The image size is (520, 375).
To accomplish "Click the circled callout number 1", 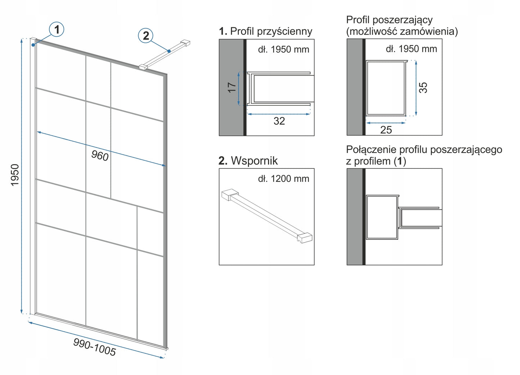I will [x=57, y=29].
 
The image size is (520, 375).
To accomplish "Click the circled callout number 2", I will [x=146, y=36].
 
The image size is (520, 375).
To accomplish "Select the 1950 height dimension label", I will [x=15, y=175].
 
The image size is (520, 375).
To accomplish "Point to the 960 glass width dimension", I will [x=100, y=155].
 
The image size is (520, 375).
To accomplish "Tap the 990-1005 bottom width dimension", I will [x=95, y=347].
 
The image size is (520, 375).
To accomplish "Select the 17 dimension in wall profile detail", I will [x=232, y=87].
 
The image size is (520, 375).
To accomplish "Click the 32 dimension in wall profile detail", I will [x=279, y=121].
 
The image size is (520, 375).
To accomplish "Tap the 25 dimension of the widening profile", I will [x=386, y=130].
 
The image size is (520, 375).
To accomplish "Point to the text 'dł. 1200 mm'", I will [x=284, y=179].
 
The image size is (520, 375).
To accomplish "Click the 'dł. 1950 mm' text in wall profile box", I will [x=284, y=50].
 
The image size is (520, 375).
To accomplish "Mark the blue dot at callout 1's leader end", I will [x=33, y=45].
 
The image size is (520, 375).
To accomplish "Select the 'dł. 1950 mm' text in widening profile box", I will [x=411, y=49].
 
